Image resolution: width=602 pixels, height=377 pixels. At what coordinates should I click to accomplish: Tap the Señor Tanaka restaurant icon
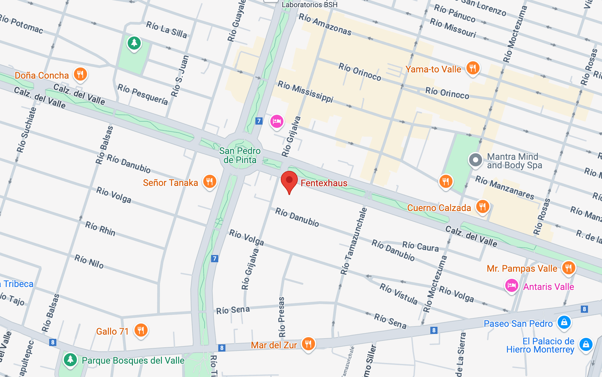click(x=210, y=181)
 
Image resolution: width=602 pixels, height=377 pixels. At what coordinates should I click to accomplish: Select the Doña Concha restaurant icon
click(x=80, y=74)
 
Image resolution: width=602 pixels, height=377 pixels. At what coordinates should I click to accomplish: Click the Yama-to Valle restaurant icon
click(x=473, y=68)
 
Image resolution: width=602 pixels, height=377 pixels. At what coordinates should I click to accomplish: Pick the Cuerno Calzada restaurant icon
click(x=482, y=207)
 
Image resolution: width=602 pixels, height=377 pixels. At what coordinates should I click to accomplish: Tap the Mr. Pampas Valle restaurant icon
click(x=568, y=268)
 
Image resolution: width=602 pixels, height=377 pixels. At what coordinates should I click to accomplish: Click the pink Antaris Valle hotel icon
click(x=511, y=286)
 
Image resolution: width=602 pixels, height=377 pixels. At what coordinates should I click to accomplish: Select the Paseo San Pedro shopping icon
click(x=564, y=322)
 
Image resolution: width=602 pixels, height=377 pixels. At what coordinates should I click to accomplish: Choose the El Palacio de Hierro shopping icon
click(x=586, y=344)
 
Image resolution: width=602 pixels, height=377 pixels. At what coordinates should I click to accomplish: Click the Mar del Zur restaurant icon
click(x=308, y=344)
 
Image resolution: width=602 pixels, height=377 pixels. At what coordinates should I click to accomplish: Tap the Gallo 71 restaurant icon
click(x=141, y=330)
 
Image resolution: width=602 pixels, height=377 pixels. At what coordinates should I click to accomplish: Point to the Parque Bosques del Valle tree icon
click(x=70, y=360)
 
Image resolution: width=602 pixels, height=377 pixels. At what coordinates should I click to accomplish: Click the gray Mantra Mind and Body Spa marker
click(x=475, y=160)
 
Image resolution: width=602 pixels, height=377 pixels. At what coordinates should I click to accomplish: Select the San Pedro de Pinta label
click(x=240, y=155)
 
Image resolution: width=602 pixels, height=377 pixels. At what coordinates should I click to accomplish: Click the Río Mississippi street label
click(x=306, y=91)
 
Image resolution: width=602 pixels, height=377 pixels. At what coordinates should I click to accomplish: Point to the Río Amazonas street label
click(x=325, y=24)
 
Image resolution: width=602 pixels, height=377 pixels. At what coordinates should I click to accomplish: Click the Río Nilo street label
click(x=89, y=261)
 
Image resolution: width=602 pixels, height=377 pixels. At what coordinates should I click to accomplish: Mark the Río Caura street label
click(x=420, y=246)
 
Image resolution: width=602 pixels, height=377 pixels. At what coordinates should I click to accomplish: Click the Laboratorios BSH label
click(x=309, y=5)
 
